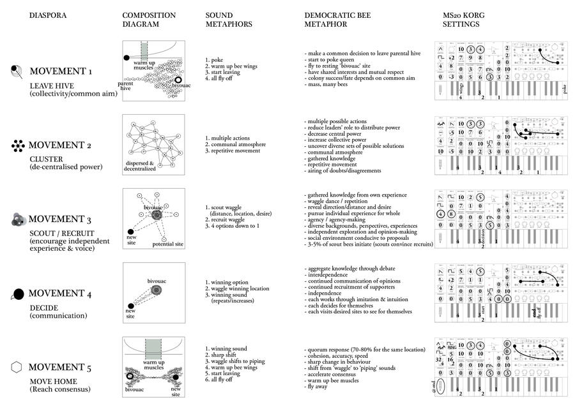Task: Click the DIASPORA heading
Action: pyautogui.click(x=47, y=15)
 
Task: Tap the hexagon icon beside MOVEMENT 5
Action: pyautogui.click(x=17, y=367)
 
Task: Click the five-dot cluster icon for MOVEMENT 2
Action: pyautogui.click(x=17, y=146)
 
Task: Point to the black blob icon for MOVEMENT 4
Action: pyautogui.click(x=19, y=294)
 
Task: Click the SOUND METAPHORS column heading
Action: pyautogui.click(x=229, y=19)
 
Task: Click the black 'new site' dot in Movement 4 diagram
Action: pyautogui.click(x=132, y=306)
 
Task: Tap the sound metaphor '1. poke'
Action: pyautogui.click(x=217, y=60)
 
